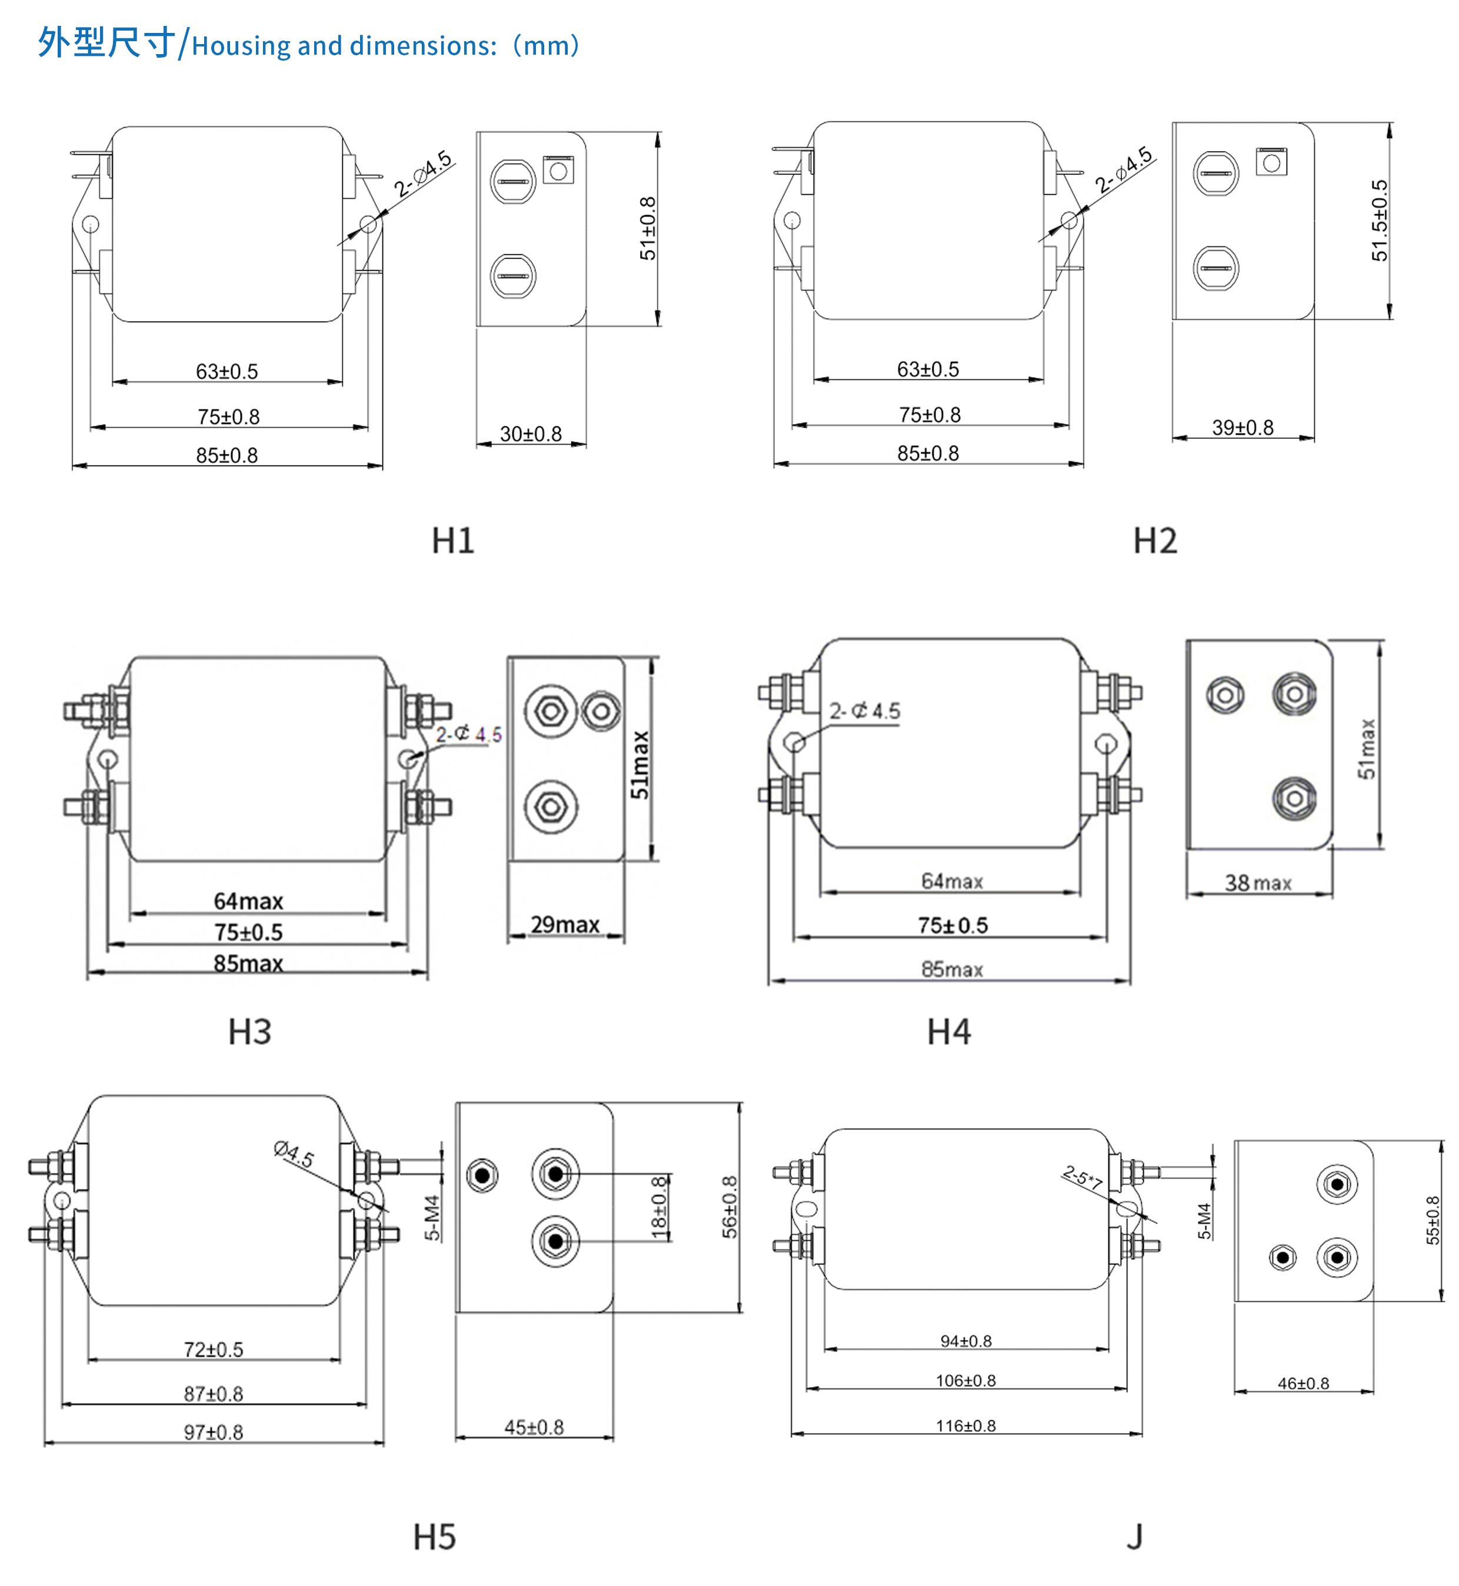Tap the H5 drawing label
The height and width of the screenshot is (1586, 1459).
[434, 1537]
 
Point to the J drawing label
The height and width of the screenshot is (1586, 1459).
[1134, 1537]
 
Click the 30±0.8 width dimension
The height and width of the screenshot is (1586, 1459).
[531, 434]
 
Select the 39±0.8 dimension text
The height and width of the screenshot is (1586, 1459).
[1243, 428]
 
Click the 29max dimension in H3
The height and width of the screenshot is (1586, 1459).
[565, 924]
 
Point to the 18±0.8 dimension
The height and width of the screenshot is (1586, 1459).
[658, 1207]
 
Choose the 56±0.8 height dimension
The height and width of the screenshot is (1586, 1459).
[729, 1207]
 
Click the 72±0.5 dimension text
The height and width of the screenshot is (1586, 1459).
[213, 1350]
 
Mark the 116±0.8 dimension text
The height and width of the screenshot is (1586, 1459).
[965, 1426]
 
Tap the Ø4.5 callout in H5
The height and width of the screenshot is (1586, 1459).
[294, 1154]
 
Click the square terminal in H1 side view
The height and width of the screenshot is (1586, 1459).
[558, 171]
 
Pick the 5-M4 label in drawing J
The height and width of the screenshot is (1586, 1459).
[1204, 1221]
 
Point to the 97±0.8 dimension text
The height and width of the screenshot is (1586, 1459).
[213, 1432]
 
